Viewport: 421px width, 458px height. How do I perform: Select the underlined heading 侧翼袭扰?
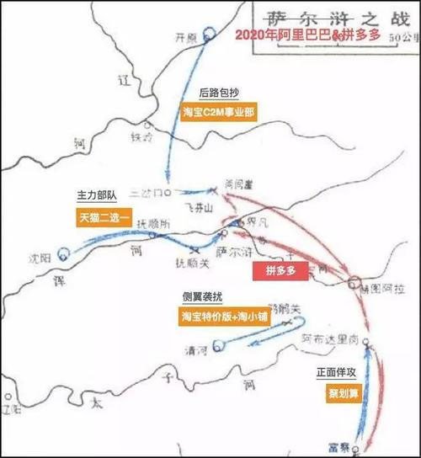[199, 298]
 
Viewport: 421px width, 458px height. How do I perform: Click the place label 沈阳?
[40, 253]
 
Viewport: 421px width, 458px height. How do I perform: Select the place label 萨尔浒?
[232, 251]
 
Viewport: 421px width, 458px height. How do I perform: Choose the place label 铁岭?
[141, 135]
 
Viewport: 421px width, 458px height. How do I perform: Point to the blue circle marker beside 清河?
[218, 343]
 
